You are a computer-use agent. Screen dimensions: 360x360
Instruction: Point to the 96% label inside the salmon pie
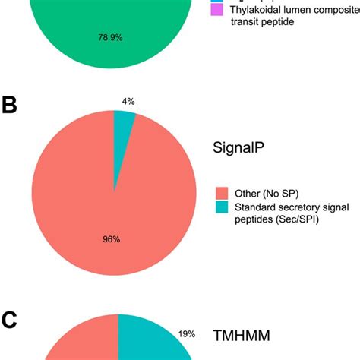click(112, 238)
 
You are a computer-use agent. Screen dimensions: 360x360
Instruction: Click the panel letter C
click(10, 321)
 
